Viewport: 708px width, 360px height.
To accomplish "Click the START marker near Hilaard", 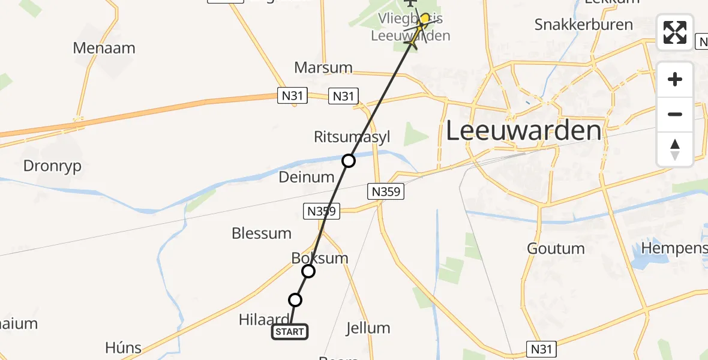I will pos(290,332).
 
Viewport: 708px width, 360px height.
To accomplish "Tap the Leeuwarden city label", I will pos(523,131).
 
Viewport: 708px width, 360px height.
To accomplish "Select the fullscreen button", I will pos(675,32).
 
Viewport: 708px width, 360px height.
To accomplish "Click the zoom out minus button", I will pos(675,114).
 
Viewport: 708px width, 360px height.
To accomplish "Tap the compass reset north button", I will pos(675,149).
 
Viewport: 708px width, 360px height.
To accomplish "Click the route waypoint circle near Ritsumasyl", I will pos(349,161).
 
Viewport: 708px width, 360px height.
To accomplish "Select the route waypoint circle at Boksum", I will pos(308,271).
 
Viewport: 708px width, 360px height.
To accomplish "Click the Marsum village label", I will pos(323,67).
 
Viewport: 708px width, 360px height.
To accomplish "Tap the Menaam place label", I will pos(104,48).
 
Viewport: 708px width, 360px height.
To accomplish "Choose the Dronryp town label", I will pos(52,166).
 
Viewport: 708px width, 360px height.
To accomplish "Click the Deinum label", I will pos(307,177).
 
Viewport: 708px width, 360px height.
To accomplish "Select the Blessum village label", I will pos(262,233).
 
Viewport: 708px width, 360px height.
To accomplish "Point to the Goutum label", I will pos(556,248).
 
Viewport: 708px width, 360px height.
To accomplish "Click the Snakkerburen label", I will pos(583,25).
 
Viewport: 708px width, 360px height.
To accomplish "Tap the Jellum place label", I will pos(368,328).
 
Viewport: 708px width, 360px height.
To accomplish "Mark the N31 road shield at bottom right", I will pos(542,349).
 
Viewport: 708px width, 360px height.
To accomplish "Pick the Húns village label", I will pos(123,347).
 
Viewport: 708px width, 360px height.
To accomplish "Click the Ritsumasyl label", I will pos(352,137).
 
